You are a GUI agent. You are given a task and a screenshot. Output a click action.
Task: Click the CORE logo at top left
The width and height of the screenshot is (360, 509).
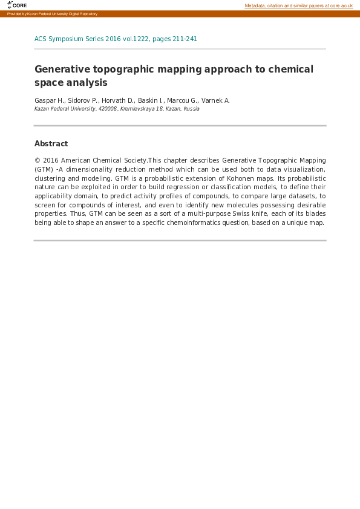[17, 5]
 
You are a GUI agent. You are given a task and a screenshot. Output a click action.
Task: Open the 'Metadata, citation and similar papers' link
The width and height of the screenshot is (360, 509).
[298, 5]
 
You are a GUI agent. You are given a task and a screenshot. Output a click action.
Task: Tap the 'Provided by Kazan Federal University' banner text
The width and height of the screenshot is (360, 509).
[52, 14]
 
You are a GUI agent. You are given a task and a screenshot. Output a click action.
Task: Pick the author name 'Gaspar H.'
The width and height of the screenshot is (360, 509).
[49, 100]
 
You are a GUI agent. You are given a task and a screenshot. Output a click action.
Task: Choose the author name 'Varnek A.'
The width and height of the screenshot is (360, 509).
[216, 100]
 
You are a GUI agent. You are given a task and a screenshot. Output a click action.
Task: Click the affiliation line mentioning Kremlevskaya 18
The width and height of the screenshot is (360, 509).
[117, 109]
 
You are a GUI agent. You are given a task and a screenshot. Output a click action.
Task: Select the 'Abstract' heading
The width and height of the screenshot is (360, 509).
[51, 144]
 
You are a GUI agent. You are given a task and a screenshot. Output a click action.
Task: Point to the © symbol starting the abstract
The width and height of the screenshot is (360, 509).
[38, 161]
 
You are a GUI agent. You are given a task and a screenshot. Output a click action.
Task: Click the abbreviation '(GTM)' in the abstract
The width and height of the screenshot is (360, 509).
[44, 170]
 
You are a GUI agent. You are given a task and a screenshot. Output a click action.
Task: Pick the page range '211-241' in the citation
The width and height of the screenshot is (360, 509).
[183, 39]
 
